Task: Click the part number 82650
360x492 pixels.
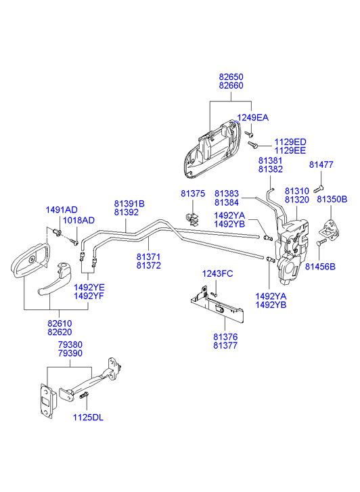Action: click(231, 77)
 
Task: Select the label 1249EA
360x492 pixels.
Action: click(252, 118)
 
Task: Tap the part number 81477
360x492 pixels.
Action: click(321, 164)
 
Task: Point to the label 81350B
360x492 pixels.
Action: click(332, 199)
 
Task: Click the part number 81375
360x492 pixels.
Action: click(193, 194)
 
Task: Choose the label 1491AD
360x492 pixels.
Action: click(62, 210)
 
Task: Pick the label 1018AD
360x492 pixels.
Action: click(78, 220)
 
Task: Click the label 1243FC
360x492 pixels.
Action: click(217, 273)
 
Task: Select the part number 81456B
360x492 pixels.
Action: click(320, 267)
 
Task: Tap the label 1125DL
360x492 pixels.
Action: click(88, 418)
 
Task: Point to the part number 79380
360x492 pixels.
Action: click(70, 344)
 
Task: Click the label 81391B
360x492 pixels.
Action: click(129, 204)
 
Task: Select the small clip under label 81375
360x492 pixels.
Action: click(193, 219)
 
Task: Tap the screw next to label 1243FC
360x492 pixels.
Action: click(214, 294)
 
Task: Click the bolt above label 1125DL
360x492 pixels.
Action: click(83, 395)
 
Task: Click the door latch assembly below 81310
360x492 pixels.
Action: click(292, 251)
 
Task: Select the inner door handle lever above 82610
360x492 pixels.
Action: click(57, 281)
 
